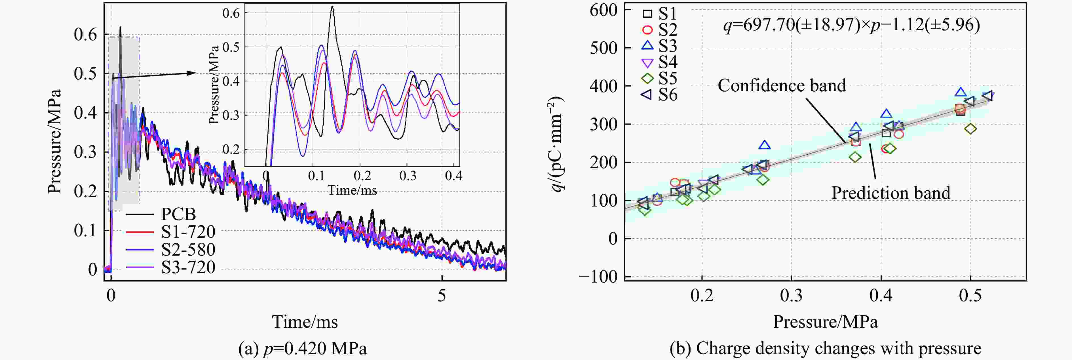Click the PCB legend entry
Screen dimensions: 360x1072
(178, 214)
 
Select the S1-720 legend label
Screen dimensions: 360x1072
(188, 232)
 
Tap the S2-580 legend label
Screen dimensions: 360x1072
(188, 249)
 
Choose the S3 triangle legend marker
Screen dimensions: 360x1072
(647, 45)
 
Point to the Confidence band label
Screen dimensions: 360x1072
(782, 85)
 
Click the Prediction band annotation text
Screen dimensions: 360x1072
(890, 193)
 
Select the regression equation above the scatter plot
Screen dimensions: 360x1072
(851, 25)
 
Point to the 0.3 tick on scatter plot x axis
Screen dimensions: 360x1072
(791, 296)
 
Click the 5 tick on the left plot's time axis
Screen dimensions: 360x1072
(442, 296)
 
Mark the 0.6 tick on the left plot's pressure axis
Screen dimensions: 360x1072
(85, 35)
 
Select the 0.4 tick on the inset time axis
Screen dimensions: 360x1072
(453, 176)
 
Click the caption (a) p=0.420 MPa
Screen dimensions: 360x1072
(303, 348)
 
